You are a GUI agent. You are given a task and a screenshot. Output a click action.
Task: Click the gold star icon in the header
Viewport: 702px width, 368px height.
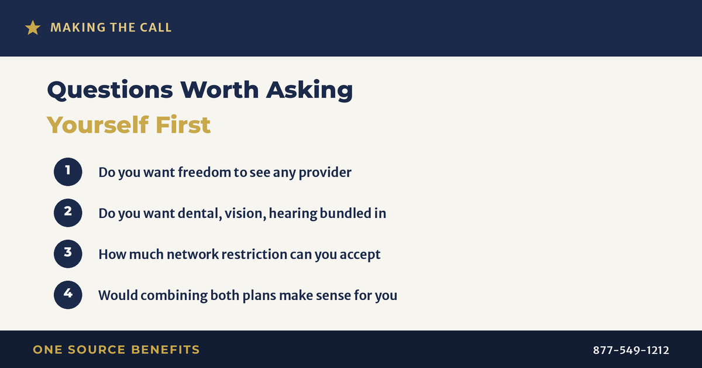33,28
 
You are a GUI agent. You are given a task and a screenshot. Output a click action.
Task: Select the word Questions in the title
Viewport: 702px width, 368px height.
110,90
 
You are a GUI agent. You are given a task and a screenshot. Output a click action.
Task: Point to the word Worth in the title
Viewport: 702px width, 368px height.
219,90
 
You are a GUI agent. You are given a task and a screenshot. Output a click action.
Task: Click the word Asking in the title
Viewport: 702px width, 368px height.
309,90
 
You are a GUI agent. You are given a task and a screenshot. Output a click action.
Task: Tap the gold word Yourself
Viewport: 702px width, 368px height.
98,125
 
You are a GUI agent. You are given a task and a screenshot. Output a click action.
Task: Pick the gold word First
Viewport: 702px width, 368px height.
183,125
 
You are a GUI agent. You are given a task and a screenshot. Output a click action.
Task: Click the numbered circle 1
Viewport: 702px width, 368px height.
68,172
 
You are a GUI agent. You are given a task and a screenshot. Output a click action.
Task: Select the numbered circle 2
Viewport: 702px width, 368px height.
68,213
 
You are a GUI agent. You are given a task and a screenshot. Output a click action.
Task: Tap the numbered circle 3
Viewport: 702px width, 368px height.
68,254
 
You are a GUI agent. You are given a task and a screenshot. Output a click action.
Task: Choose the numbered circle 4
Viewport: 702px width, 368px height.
68,295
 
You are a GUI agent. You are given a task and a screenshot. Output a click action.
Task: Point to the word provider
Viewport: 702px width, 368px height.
325,173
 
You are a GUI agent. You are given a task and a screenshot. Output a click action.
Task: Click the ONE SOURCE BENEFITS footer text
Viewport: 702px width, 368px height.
116,349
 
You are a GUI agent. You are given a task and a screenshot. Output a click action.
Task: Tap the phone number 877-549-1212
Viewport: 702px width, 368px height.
631,350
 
